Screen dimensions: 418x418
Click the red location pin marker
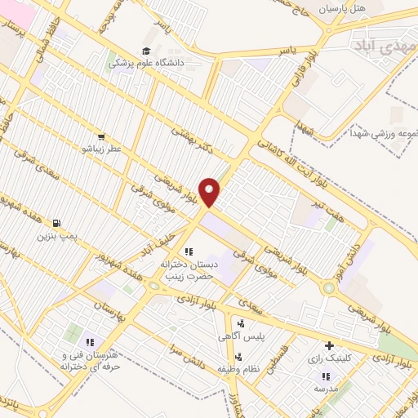pos(210,192)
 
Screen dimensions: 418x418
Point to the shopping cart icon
pos(100,137)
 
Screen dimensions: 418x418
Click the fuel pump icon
pos(56,223)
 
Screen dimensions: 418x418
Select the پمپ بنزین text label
pos(54,236)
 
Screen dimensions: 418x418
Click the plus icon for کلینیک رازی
pos(329,345)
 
